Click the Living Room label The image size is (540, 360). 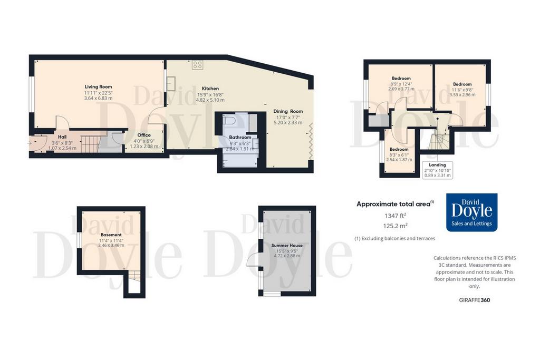click(x=98, y=87)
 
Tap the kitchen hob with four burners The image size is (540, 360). click(x=198, y=65)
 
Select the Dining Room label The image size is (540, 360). click(x=288, y=111)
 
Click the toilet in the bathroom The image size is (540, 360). click(x=229, y=121)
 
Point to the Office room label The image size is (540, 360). click(x=144, y=135)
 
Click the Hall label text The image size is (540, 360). click(x=62, y=137)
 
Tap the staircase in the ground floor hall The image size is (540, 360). click(x=90, y=143)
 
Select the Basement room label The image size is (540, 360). click(x=111, y=235)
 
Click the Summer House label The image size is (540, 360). click(x=287, y=246)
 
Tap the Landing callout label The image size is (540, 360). click(x=437, y=165)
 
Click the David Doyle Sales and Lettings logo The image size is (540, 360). click(x=472, y=212)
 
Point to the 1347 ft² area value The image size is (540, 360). click(x=396, y=216)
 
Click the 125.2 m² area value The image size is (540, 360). click(x=396, y=226)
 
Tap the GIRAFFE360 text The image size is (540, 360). click(x=475, y=300)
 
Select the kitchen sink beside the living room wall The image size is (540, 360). click(x=171, y=83)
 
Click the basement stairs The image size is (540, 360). click(x=134, y=276)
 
